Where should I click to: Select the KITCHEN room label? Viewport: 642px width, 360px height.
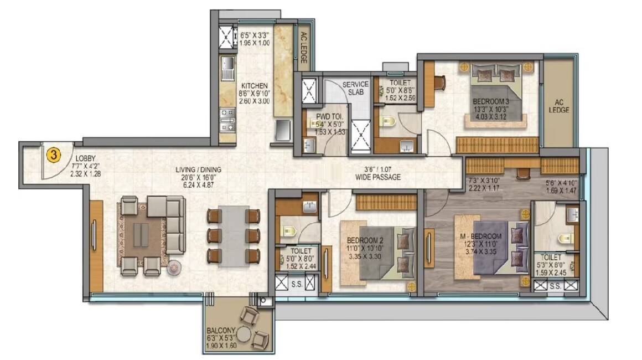pyautogui.click(x=254, y=86)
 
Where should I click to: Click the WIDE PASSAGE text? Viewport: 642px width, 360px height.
pyautogui.click(x=379, y=178)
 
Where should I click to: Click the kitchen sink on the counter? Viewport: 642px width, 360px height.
pyautogui.click(x=227, y=68)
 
